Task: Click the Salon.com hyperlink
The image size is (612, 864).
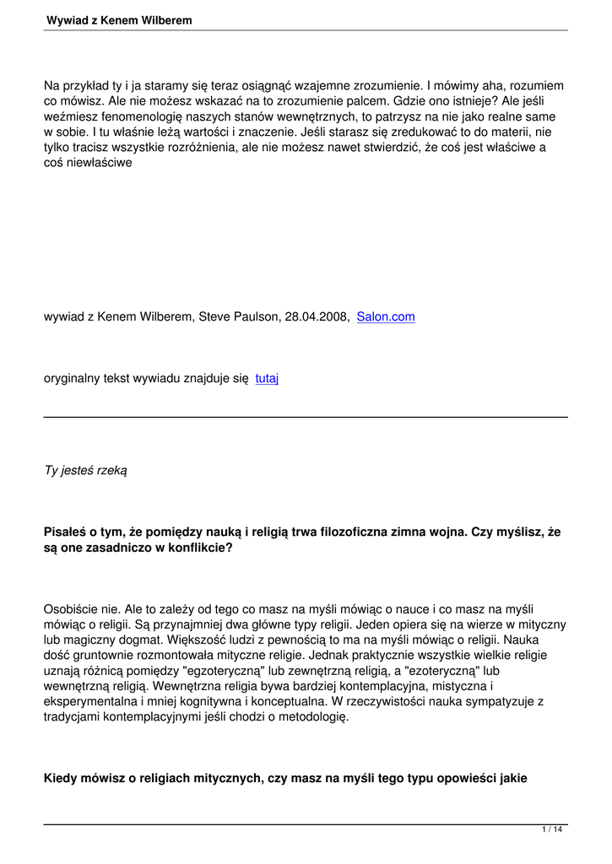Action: [386, 317]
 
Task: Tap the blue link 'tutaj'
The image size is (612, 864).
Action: [267, 379]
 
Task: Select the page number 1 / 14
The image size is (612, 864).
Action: [552, 831]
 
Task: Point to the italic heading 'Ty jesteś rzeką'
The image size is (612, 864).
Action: [85, 470]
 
